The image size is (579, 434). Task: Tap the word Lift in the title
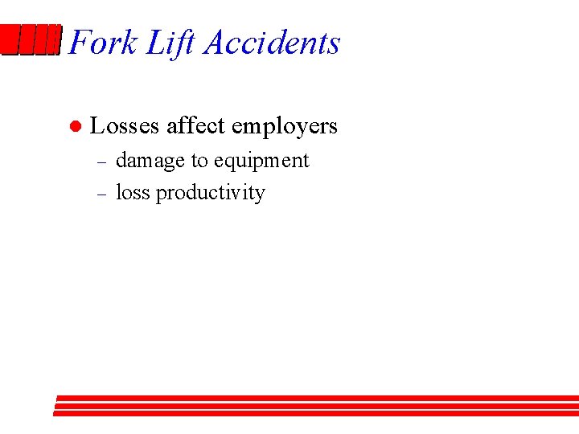pyautogui.click(x=170, y=43)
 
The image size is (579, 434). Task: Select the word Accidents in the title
pyautogui.click(x=272, y=43)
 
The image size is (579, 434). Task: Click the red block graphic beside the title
pyautogui.click(x=31, y=40)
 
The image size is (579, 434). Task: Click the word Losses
pyautogui.click(x=125, y=126)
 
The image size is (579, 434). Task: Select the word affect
pyautogui.click(x=195, y=126)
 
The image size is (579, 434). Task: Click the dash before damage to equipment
pyautogui.click(x=101, y=162)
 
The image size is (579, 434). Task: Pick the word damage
pyautogui.click(x=150, y=162)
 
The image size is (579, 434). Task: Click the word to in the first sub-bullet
pyautogui.click(x=199, y=162)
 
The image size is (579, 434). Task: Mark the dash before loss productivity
pyautogui.click(x=101, y=194)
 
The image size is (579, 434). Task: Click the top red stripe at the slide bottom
pyautogui.click(x=318, y=398)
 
